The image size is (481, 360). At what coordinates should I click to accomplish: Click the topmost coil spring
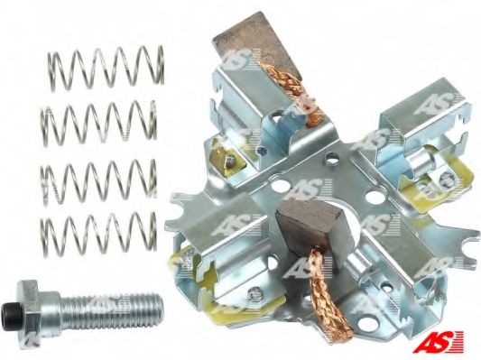(106, 68)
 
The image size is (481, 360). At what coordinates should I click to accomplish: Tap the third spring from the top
(98, 183)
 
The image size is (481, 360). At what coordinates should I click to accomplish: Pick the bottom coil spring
(98, 234)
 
